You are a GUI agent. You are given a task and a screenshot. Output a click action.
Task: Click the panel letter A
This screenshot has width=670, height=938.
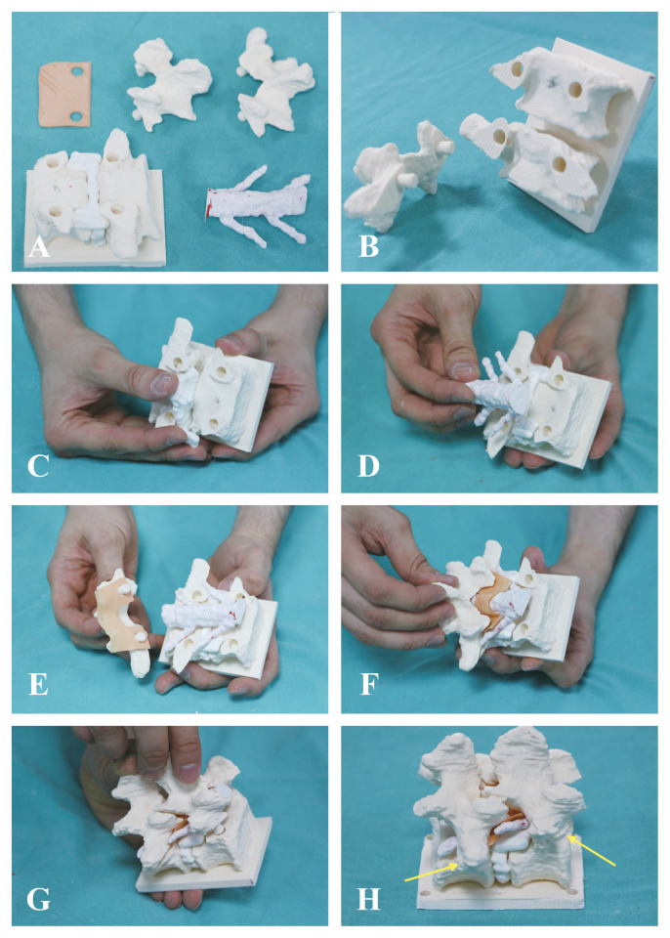[x=39, y=246]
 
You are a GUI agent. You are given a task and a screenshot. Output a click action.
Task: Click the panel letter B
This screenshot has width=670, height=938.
[x=368, y=246]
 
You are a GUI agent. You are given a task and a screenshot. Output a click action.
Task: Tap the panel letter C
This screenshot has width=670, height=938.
[x=38, y=465]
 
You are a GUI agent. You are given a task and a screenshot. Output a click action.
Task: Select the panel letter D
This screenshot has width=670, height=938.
[x=368, y=465]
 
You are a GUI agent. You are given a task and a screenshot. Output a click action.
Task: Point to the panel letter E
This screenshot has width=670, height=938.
[x=38, y=684]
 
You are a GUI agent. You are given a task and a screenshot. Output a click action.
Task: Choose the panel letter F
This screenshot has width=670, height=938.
[x=368, y=684]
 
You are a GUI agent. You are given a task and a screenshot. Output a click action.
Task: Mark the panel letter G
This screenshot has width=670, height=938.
[x=39, y=899]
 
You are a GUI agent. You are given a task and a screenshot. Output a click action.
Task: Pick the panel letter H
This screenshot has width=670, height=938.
[x=368, y=899]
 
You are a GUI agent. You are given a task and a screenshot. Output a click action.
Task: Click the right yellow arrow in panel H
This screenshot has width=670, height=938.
[x=591, y=850]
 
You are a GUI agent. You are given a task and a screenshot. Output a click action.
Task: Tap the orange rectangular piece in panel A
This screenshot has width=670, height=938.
[x=65, y=95]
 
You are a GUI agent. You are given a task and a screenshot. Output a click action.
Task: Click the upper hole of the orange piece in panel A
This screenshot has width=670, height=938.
[x=77, y=71]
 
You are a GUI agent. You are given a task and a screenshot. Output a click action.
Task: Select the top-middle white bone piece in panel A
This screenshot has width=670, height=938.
[x=169, y=82]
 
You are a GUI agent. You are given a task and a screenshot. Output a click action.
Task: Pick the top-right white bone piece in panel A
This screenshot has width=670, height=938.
[x=273, y=81]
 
